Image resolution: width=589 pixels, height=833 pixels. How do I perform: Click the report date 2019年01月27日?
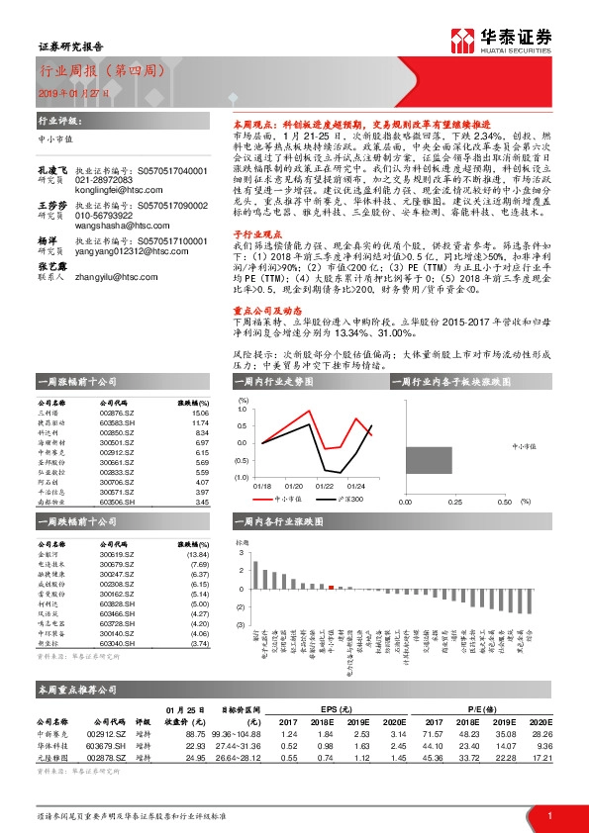tap(66, 92)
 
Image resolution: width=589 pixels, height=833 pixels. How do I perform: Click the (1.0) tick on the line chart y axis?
tap(243, 477)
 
